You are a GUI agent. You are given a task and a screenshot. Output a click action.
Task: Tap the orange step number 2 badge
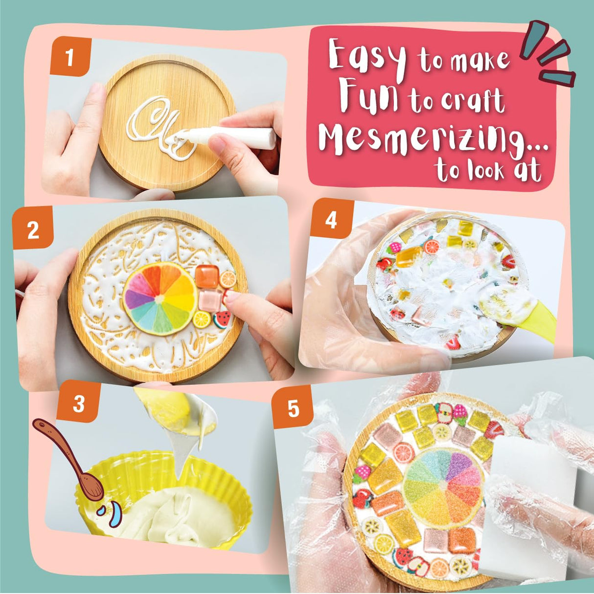(x=33, y=229)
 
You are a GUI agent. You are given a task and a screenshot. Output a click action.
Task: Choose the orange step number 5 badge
(x=293, y=407)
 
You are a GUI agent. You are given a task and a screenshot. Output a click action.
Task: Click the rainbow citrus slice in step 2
(x=160, y=298)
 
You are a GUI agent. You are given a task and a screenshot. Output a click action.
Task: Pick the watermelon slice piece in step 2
(x=222, y=319)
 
